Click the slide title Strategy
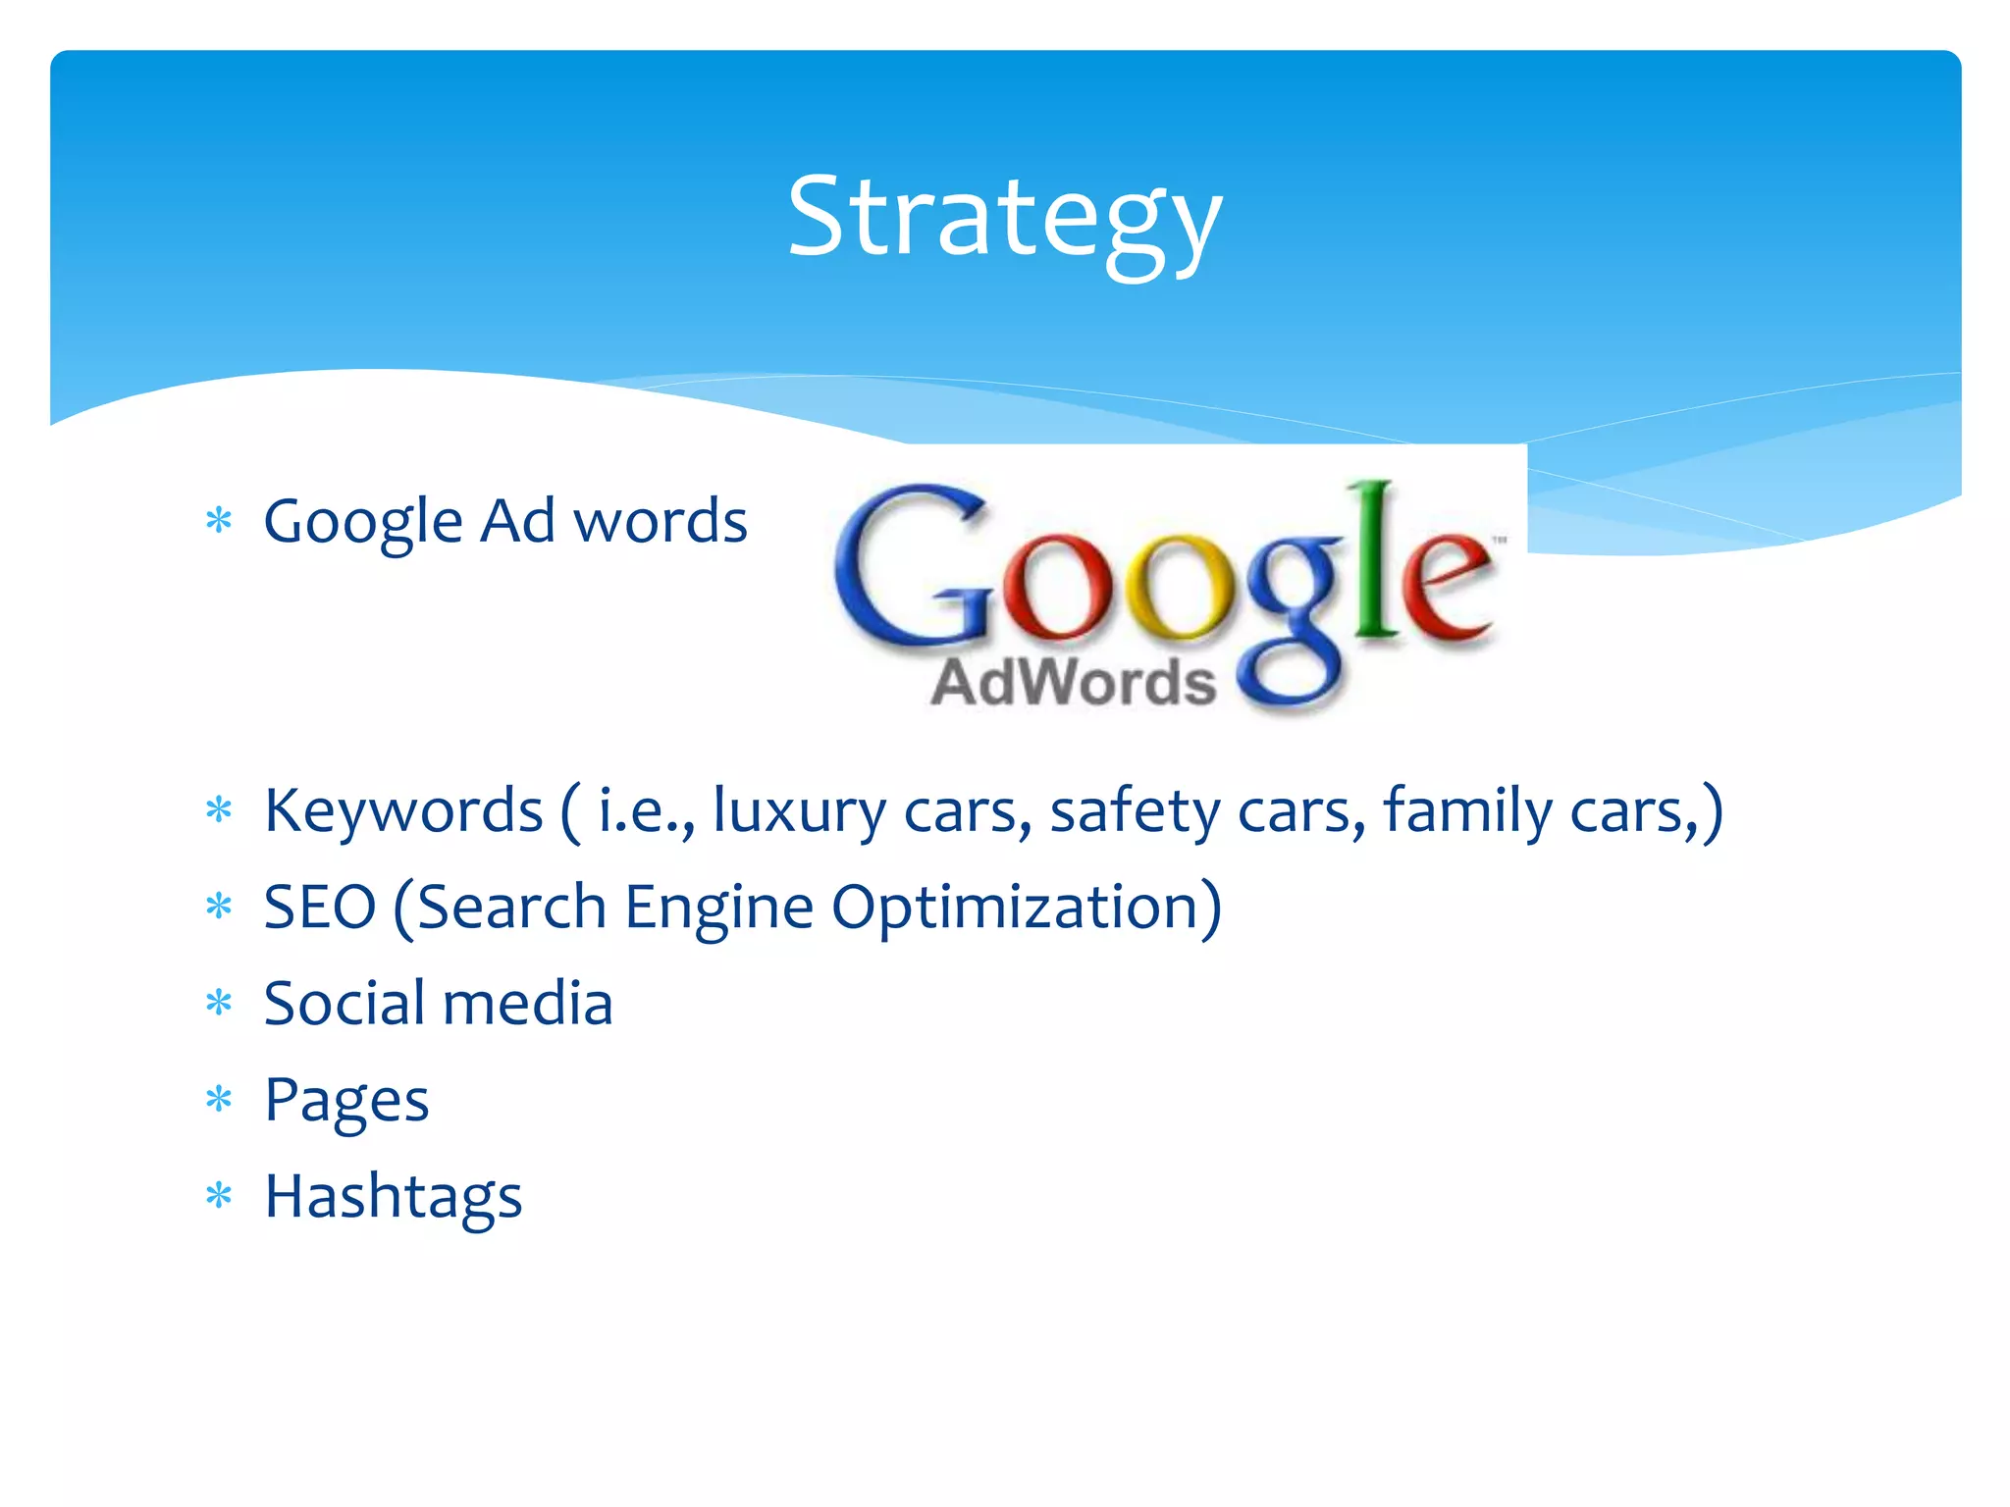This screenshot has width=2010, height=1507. point(1004,218)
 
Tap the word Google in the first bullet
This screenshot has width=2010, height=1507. point(362,522)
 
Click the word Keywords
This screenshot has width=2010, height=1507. point(403,811)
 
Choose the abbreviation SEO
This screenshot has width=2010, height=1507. point(320,907)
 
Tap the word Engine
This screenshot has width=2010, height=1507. point(718,907)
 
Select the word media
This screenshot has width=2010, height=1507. point(527,1004)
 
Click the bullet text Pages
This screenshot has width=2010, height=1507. point(346,1101)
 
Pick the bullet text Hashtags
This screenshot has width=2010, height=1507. point(394,1197)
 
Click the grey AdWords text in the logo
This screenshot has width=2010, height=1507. point(1073,683)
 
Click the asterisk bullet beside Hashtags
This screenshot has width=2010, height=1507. point(219,1196)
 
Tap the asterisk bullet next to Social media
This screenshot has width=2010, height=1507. point(219,1003)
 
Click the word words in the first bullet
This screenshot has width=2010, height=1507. point(660,521)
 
